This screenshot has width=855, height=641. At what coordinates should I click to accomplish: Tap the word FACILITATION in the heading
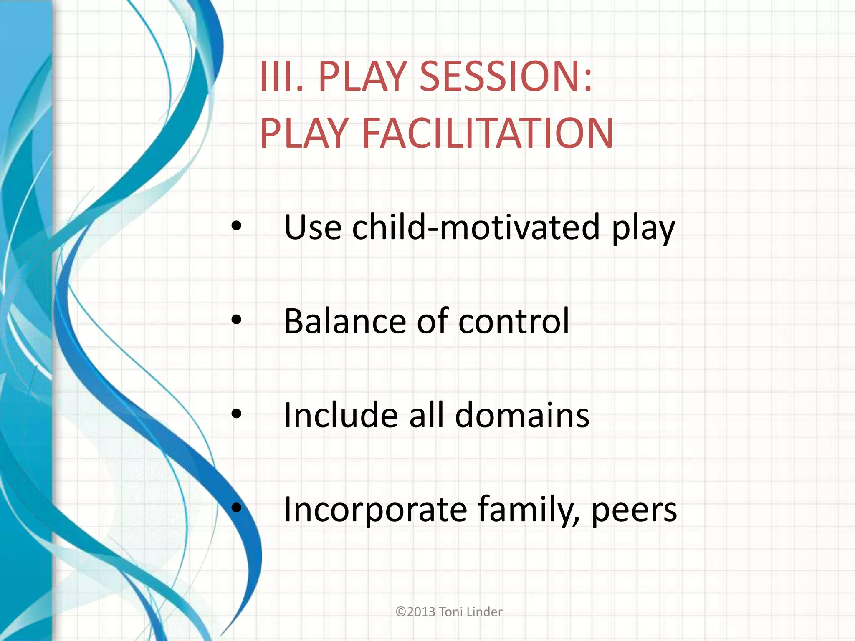coord(488,133)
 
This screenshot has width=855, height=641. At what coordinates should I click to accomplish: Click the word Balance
coord(345,321)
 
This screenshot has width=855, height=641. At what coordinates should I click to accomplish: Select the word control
coord(514,321)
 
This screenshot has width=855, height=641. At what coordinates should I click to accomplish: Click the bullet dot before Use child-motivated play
coord(236,226)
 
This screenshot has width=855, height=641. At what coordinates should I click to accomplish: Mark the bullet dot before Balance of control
coord(236,320)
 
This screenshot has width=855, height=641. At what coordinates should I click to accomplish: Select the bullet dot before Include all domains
coord(236,414)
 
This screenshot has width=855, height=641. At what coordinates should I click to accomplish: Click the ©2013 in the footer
coord(415,612)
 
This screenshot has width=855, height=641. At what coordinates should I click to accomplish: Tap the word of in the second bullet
coord(432,321)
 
